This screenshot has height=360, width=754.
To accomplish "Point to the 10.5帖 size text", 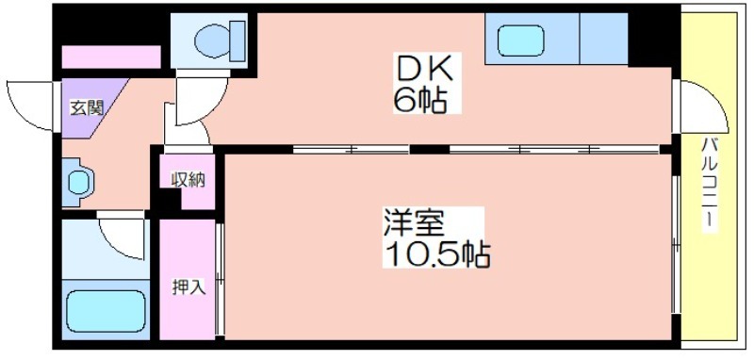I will [x=435, y=254].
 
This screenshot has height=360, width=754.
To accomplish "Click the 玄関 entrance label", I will [x=84, y=106].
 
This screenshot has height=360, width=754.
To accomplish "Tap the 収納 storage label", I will [x=188, y=179].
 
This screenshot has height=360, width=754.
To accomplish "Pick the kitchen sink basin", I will [x=521, y=40].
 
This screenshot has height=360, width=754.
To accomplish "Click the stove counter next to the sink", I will [x=603, y=40].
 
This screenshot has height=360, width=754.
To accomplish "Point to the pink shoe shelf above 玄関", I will [x=110, y=57].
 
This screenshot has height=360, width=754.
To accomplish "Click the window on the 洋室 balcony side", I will [x=676, y=245].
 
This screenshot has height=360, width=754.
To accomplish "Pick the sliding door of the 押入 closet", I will [x=219, y=278].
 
